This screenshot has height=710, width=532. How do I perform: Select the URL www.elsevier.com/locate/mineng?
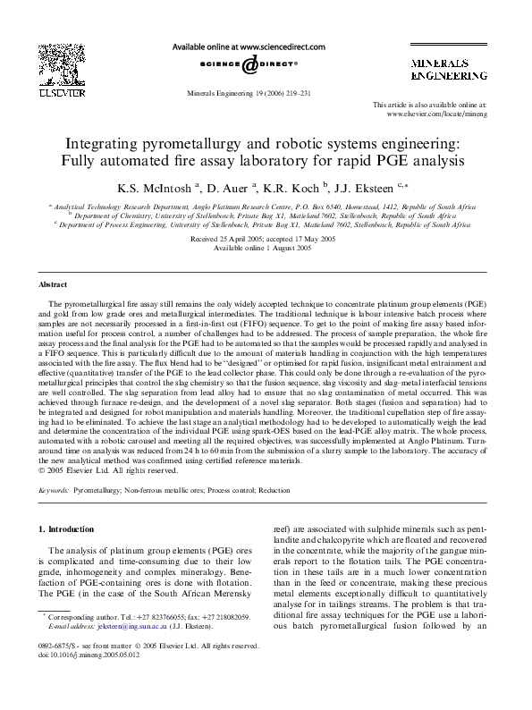click(x=457, y=115)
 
